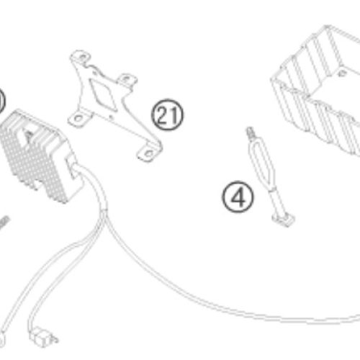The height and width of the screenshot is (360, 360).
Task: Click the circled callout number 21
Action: tap(167, 114)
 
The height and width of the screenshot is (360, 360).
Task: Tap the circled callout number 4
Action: tap(238, 197)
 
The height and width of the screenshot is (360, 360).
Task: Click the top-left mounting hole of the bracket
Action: tap(82, 57)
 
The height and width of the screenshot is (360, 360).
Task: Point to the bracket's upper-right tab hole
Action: tap(127, 78)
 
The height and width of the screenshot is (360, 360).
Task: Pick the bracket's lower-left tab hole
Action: tap(78, 118)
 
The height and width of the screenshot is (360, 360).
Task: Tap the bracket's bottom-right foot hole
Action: tap(148, 153)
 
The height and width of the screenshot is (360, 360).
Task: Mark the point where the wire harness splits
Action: tap(104, 212)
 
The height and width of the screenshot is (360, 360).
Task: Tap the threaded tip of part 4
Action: tap(250, 132)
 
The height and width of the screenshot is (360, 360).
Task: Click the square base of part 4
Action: tap(284, 219)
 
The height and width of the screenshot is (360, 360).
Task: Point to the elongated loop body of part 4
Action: tap(261, 164)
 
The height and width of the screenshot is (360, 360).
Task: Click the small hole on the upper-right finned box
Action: tap(343, 73)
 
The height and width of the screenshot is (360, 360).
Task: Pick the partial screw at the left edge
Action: tap(4, 223)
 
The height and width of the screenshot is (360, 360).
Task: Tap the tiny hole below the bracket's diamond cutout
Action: tap(111, 117)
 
